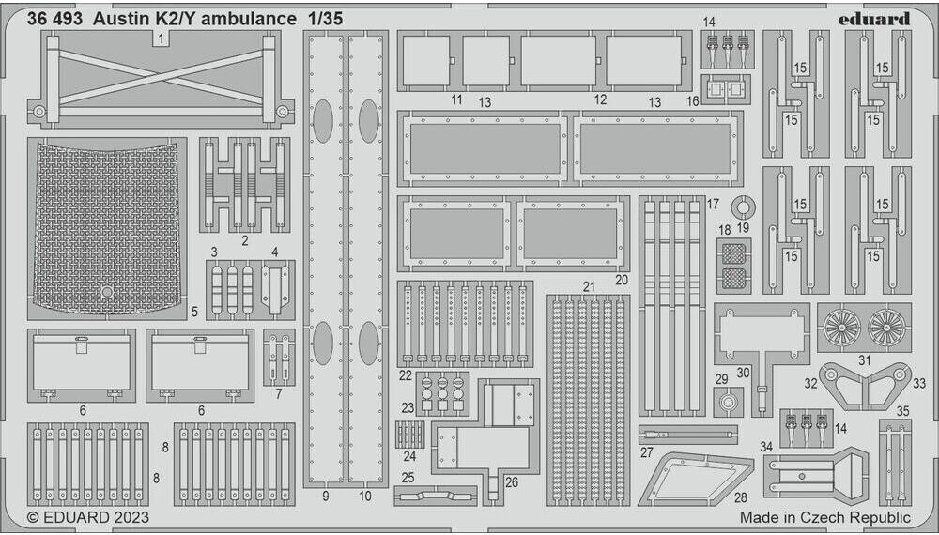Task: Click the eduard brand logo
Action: click(x=874, y=19)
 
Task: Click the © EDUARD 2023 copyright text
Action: click(x=87, y=516)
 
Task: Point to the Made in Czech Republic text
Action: click(x=824, y=517)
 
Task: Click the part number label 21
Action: click(x=589, y=286)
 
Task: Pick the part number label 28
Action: click(x=742, y=497)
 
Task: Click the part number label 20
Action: click(x=621, y=279)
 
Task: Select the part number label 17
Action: click(x=714, y=204)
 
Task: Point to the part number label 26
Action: click(x=511, y=482)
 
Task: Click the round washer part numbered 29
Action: click(x=724, y=404)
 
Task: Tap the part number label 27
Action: click(x=647, y=452)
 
